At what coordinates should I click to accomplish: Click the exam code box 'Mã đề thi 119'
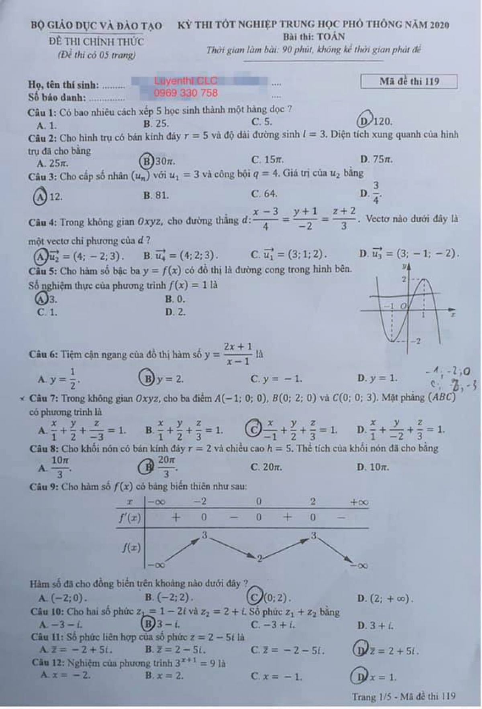pos(409,81)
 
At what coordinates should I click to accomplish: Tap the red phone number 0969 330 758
pos(186,93)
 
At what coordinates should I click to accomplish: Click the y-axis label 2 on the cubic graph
pos(404,279)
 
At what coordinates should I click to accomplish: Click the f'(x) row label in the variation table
pos(129,518)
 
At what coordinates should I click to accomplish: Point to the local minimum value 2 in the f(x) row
pos(260,559)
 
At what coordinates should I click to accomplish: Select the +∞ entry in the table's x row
pos(359,502)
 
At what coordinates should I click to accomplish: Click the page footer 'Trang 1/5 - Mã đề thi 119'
pos(403,696)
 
